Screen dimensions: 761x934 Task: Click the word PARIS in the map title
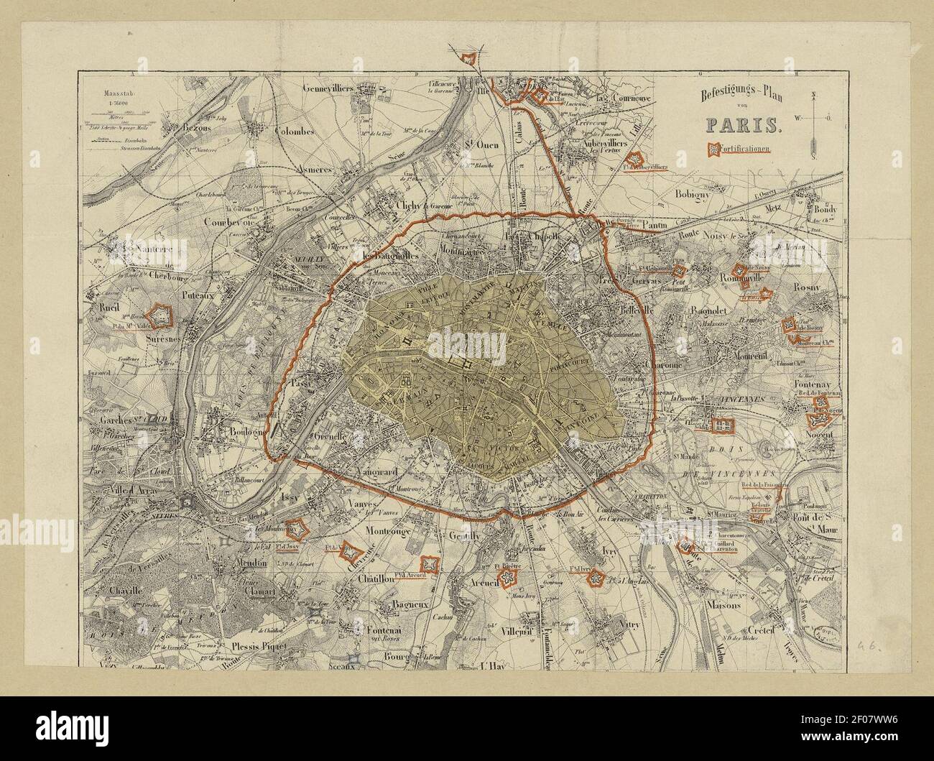[743, 124]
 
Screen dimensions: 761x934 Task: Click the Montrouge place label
[387, 530]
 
